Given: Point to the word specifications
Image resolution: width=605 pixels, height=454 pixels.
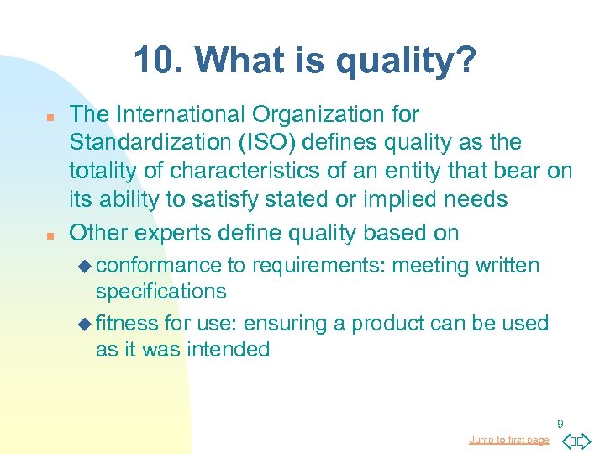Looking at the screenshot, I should (x=160, y=292).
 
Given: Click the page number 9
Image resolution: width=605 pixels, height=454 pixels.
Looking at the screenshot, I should (x=560, y=425).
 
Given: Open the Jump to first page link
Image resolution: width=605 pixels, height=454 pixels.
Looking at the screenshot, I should (x=508, y=440).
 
